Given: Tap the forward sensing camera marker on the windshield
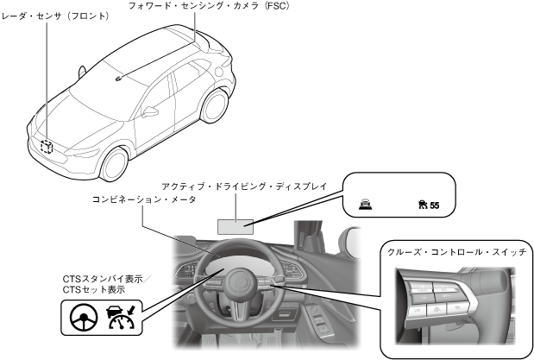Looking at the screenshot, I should [x=118, y=78].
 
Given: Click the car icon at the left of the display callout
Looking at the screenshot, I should [x=367, y=205].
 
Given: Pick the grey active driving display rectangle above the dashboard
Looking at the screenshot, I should [x=235, y=224].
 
